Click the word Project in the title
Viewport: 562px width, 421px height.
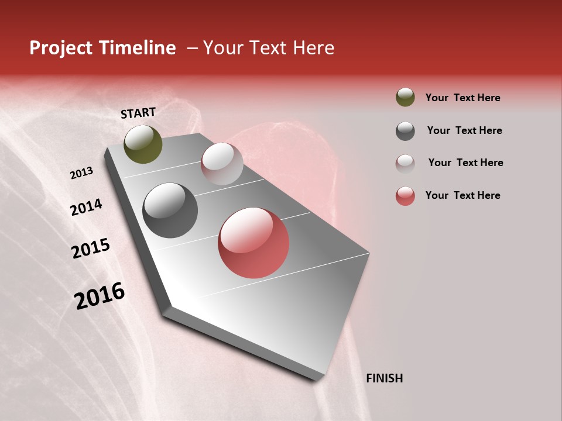click(x=61, y=48)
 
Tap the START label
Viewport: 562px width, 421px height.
click(x=138, y=113)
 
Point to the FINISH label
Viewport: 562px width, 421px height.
click(x=384, y=378)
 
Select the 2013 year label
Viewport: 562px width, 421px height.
click(x=82, y=173)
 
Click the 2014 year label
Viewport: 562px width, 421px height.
click(x=86, y=207)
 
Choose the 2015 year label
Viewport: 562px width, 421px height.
click(x=91, y=249)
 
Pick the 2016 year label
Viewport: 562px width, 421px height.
click(x=100, y=295)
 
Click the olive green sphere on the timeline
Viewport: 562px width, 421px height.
click(x=143, y=144)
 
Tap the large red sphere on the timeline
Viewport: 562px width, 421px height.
click(x=253, y=243)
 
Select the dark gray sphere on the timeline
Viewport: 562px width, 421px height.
click(x=170, y=210)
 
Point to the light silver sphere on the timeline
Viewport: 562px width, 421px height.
click(x=222, y=164)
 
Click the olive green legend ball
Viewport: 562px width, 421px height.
click(x=405, y=97)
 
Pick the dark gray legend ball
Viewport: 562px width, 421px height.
click(x=405, y=131)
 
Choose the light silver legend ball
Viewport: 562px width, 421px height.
click(x=405, y=164)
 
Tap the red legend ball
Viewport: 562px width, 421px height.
click(x=405, y=196)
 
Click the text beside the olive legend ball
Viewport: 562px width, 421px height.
click(x=462, y=98)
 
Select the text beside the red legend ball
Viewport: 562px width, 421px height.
click(x=462, y=195)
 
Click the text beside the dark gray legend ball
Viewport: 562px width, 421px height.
click(x=464, y=130)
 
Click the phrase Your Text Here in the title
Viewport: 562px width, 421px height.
click(x=269, y=48)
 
